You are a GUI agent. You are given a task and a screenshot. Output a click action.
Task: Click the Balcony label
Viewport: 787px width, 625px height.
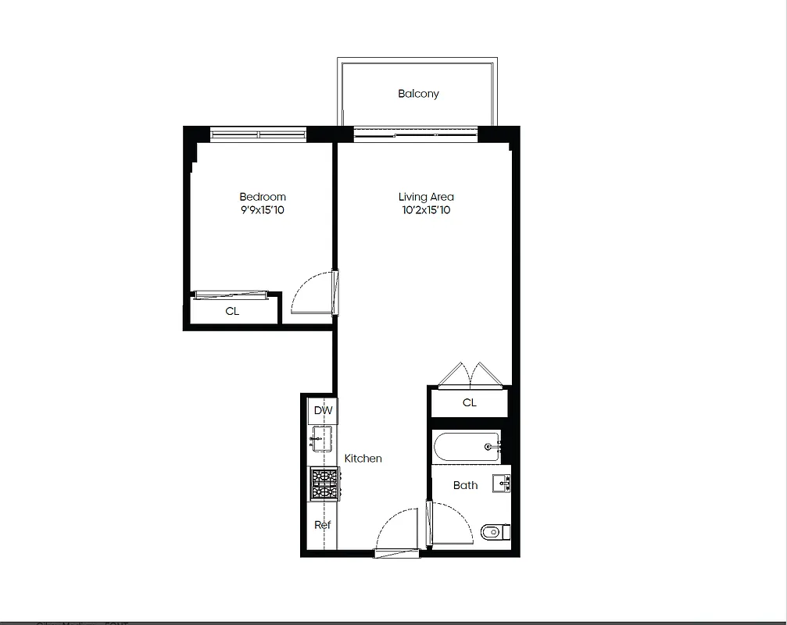coord(418,94)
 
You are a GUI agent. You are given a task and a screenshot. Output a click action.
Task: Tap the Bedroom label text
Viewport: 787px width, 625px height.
coord(262,197)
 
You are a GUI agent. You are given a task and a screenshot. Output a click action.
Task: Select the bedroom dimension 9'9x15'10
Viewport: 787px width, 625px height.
coord(262,210)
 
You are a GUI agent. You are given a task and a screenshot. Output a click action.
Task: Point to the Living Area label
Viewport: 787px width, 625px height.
coord(425,197)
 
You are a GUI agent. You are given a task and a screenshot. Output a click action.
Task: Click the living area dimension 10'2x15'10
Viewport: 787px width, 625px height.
coord(425,210)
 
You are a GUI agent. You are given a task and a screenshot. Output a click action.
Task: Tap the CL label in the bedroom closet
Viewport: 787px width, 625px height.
coord(232,311)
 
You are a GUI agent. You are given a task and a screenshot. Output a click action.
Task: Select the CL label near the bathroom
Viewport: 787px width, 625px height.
coord(469,403)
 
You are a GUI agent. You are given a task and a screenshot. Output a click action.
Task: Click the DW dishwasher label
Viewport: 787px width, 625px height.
coord(322,411)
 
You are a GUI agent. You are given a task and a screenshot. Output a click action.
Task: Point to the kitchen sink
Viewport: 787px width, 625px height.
coord(321,439)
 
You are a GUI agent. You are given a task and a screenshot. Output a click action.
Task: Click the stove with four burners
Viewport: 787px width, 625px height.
coord(323,484)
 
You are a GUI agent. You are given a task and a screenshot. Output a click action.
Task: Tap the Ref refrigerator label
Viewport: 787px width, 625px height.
coord(322,525)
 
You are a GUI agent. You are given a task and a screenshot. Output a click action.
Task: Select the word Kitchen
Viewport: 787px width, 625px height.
coord(363,459)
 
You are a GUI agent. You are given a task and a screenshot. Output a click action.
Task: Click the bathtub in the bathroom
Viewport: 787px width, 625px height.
coord(466,447)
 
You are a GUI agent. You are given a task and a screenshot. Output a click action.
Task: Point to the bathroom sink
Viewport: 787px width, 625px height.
coord(501,484)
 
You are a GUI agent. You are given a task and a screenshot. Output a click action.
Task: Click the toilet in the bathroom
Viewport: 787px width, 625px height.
coord(493,533)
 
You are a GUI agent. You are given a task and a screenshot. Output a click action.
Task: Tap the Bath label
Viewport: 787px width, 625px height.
coord(465,485)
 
